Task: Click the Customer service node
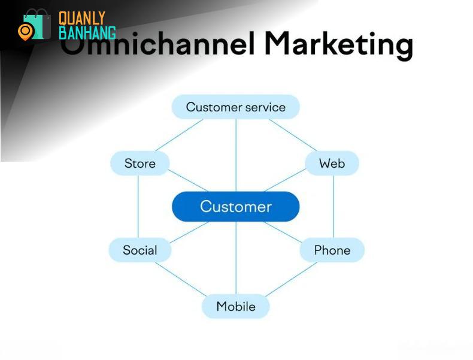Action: tap(235, 107)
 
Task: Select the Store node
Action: tap(140, 164)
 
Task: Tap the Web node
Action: tap(332, 164)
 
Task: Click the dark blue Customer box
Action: tap(235, 207)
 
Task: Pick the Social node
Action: tap(140, 250)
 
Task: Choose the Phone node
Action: tap(332, 250)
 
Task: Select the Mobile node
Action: tap(235, 306)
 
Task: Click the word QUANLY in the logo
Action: tap(82, 19)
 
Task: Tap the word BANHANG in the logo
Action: tap(87, 32)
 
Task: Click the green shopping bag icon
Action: tap(37, 24)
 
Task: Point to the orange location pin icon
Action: tap(25, 32)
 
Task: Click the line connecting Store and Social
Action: tap(138, 207)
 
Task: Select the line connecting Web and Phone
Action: tap(333, 207)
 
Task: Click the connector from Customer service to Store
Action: tap(179, 135)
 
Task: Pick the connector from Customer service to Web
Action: tap(293, 135)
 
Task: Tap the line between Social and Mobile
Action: tap(181, 279)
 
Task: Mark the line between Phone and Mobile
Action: tap(291, 279)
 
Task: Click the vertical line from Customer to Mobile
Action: tap(236, 258)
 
